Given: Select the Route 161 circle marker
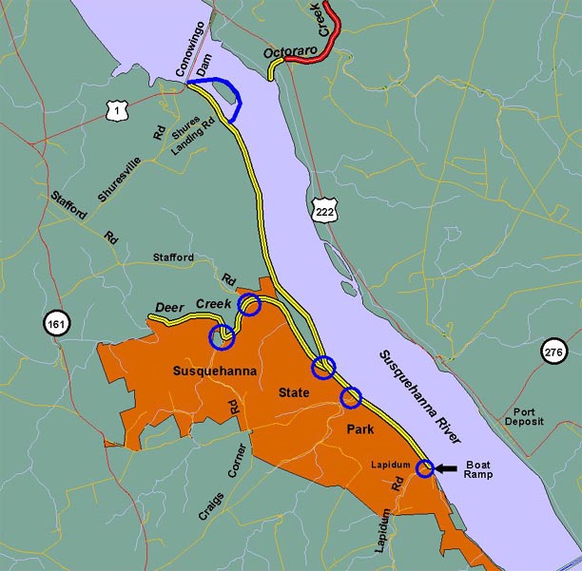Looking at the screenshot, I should pos(56,325).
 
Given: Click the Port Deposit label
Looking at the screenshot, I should pos(527,415).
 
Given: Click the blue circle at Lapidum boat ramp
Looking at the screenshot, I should pos(424,467).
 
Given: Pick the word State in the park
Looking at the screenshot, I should pos(294,391).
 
